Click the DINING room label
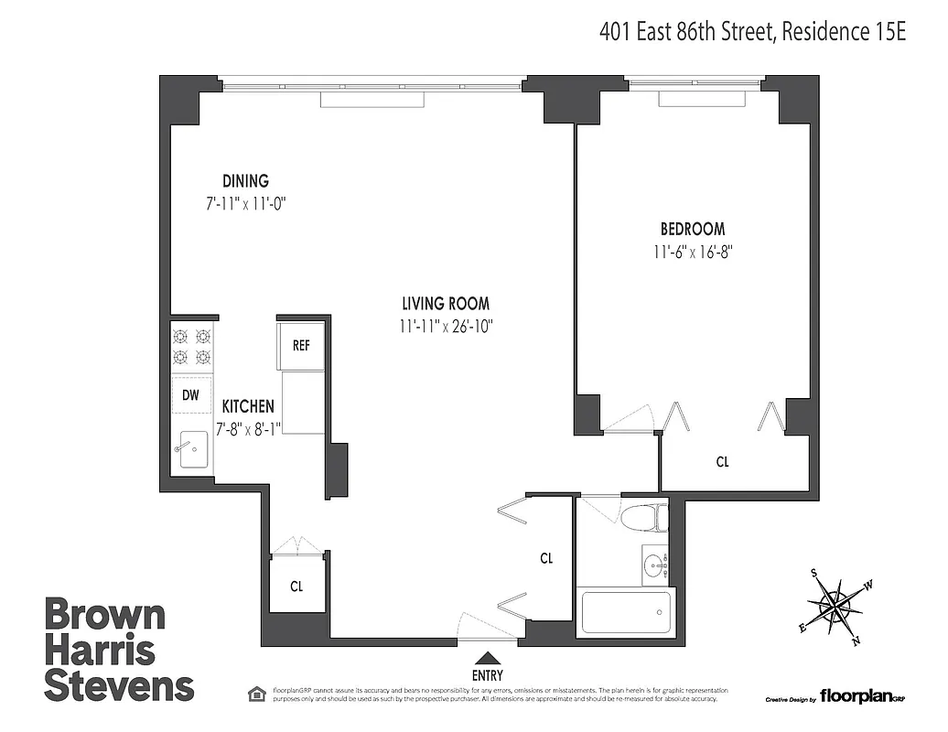pyautogui.click(x=245, y=181)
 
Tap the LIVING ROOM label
pyautogui.click(x=446, y=303)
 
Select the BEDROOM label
pyautogui.click(x=693, y=229)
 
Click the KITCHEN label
pyautogui.click(x=246, y=406)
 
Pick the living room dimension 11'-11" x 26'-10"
pyautogui.click(x=446, y=325)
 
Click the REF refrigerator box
pyautogui.click(x=301, y=346)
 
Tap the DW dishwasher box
pyautogui.click(x=190, y=395)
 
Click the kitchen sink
pyautogui.click(x=192, y=448)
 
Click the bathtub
pyautogui.click(x=627, y=611)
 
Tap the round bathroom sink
pyautogui.click(x=654, y=565)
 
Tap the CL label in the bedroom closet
pyautogui.click(x=722, y=462)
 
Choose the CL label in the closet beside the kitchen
pyautogui.click(x=296, y=587)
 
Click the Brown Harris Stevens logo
pyautogui.click(x=119, y=650)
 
